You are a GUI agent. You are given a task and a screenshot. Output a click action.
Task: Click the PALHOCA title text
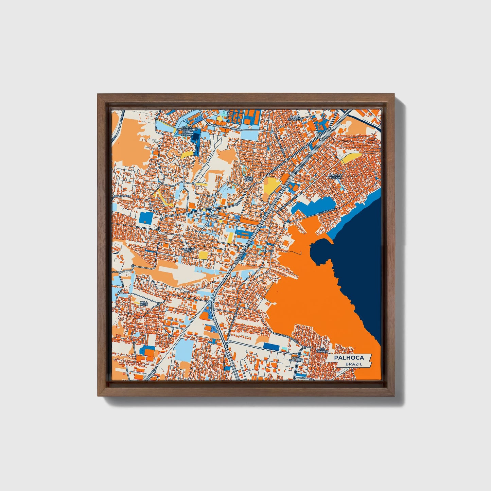pyautogui.click(x=349, y=357)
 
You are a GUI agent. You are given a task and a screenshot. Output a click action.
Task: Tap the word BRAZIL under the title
pyautogui.click(x=353, y=364)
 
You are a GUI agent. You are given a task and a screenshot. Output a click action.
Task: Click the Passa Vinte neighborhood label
pyautogui.click(x=249, y=178)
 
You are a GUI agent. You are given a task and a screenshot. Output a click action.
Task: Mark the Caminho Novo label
pyautogui.click(x=188, y=250)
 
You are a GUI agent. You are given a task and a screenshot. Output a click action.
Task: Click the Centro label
pyautogui.click(x=267, y=251)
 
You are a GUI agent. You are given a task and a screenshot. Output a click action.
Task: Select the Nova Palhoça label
pyautogui.click(x=298, y=359)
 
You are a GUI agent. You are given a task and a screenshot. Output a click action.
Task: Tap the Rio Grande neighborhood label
pyautogui.click(x=322, y=350)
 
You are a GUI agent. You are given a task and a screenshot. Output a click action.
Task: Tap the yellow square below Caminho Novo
pyautogui.click(x=203, y=255)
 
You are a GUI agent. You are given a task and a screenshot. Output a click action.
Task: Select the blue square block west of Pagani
pyautogui.click(x=146, y=217)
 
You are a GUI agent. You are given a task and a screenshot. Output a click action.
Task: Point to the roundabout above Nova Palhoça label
pyautogui.click(x=305, y=347)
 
